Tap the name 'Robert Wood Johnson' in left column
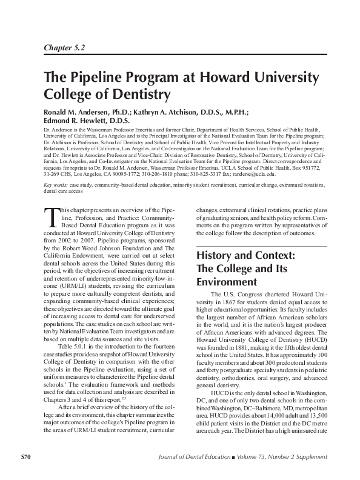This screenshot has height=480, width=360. click(x=102, y=248)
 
